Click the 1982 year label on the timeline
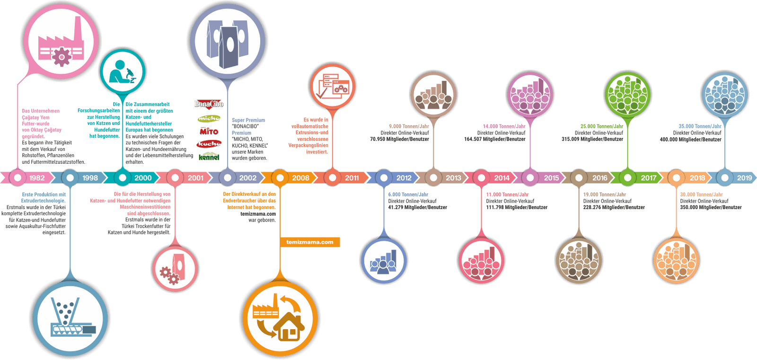tap(37, 178)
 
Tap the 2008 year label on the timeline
tap(300, 178)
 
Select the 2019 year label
tap(744, 178)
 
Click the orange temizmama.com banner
tap(310, 242)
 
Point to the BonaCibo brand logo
tap(209, 104)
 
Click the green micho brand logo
tap(209, 118)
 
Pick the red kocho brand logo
tap(209, 143)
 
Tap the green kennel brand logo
tap(209, 157)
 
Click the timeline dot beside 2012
tap(384, 178)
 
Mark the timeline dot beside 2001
tap(175, 178)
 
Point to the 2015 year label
tap(551, 178)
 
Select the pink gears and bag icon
tap(174, 268)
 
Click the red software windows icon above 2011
tap(332, 86)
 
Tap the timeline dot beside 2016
tap(579, 178)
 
